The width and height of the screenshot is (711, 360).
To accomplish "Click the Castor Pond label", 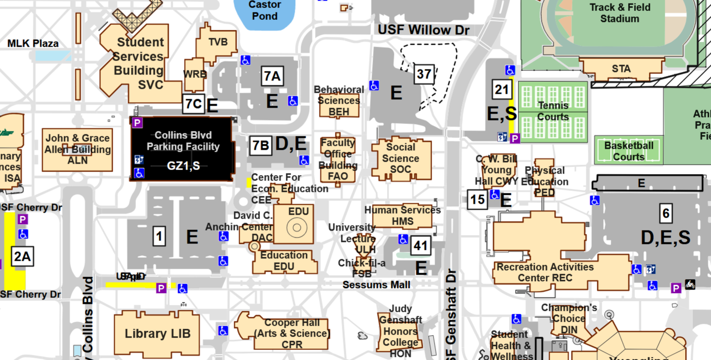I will click(x=264, y=10).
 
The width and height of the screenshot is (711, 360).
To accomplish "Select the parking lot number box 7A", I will click(x=272, y=76).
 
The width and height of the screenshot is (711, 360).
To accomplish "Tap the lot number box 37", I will click(x=424, y=74).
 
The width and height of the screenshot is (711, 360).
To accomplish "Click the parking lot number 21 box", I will click(x=502, y=90).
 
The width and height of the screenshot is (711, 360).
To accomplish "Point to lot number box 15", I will click(x=477, y=199).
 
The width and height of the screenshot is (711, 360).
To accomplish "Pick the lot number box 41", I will click(x=421, y=245).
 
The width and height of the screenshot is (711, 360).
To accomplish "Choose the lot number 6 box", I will click(x=666, y=214).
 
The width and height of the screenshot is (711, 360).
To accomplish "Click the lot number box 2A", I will click(x=22, y=257).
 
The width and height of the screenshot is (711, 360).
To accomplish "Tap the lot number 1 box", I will click(x=159, y=237).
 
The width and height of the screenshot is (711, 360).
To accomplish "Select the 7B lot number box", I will click(x=260, y=146).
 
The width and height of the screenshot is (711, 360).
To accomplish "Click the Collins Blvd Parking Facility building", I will click(x=183, y=149).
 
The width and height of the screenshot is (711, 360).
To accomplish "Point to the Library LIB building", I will click(x=157, y=333).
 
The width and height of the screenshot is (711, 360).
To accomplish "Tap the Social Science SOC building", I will click(x=401, y=159).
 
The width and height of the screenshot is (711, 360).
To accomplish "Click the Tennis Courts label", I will click(x=553, y=111).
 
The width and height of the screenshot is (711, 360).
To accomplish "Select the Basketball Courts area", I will click(x=628, y=151).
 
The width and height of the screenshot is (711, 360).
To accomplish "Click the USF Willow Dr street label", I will click(x=423, y=30).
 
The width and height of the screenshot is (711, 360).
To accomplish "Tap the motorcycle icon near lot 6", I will click(x=690, y=285).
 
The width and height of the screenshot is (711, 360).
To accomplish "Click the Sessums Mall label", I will click(x=376, y=285).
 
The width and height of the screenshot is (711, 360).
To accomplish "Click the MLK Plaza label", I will click(x=33, y=44).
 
